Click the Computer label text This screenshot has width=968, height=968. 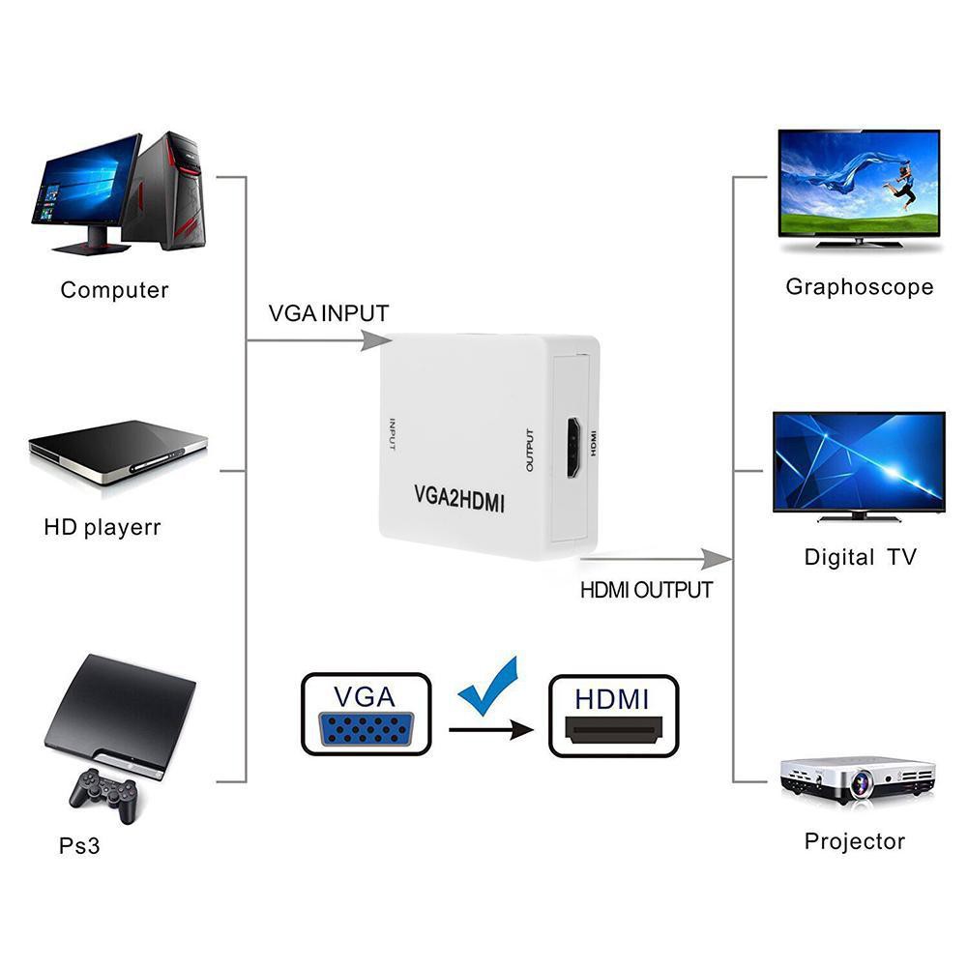click(x=114, y=290)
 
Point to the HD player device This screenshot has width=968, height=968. click(x=118, y=452)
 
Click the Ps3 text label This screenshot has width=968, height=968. click(x=79, y=846)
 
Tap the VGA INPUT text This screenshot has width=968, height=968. click(x=329, y=313)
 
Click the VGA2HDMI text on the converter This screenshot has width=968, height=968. click(x=460, y=500)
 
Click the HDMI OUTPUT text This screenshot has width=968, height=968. click(x=646, y=589)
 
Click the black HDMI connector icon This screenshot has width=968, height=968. click(x=613, y=729)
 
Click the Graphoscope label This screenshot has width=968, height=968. click(x=859, y=286)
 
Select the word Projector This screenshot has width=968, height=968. click(x=855, y=841)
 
